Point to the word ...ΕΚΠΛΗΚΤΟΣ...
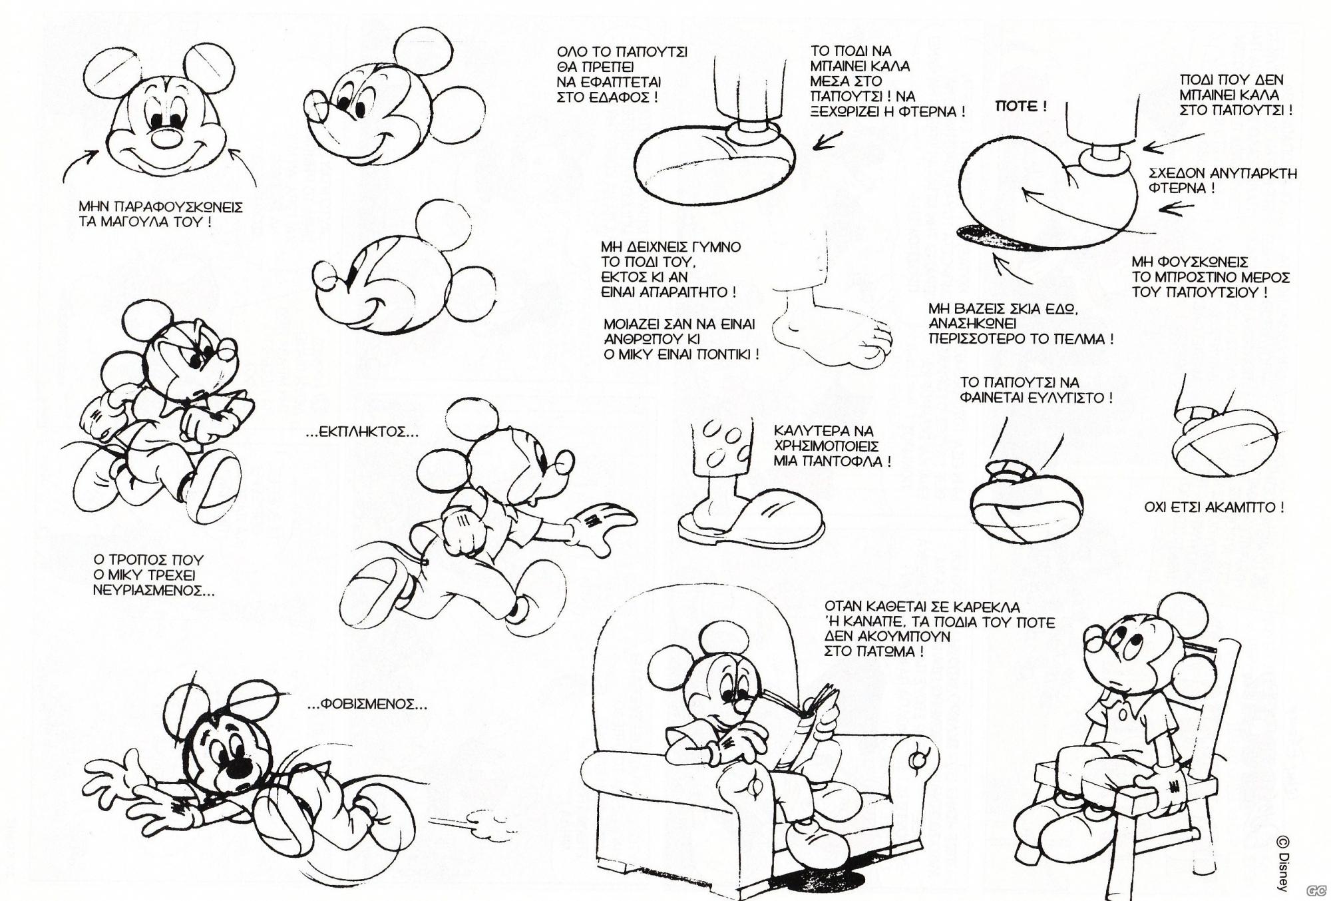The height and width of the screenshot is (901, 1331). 362,432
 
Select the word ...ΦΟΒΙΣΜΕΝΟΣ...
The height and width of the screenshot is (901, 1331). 368,704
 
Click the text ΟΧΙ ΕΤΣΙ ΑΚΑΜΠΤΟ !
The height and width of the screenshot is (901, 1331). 1214,507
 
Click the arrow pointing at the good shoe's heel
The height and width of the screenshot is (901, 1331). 827,141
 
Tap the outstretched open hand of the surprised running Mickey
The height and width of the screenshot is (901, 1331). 602,526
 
